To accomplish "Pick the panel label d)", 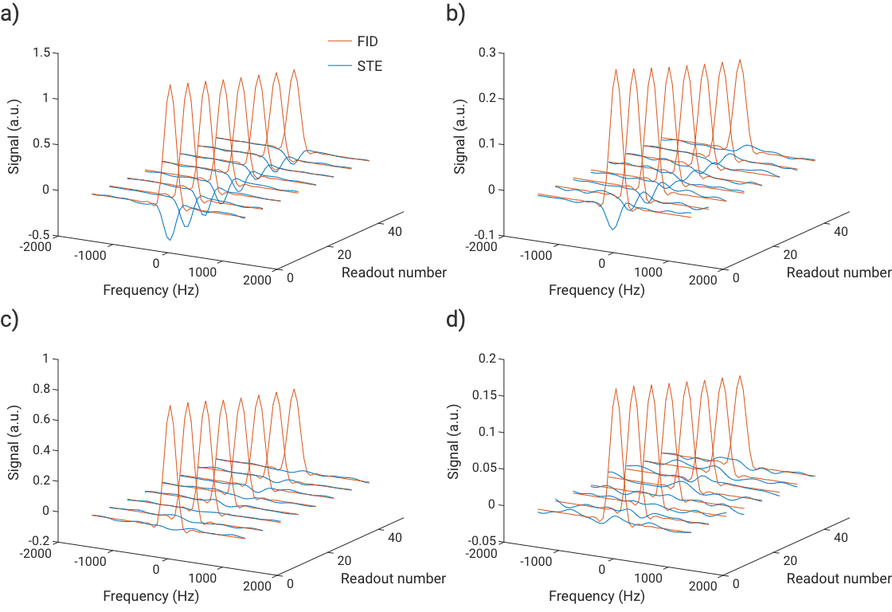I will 456,320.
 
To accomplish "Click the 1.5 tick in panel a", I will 41,53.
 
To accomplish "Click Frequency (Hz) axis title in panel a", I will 151,290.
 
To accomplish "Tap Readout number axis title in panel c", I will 393,579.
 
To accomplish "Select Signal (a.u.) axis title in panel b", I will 460,143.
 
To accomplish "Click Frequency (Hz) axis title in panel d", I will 597,596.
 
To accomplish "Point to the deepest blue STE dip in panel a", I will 169,238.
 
